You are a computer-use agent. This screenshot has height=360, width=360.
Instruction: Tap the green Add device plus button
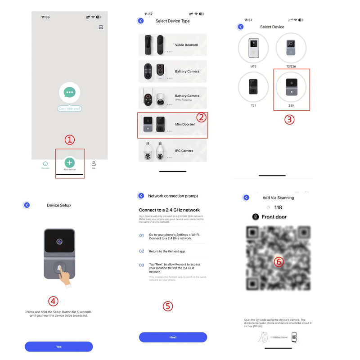[69, 162]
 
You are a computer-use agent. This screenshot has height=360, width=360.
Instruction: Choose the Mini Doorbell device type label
[185, 124]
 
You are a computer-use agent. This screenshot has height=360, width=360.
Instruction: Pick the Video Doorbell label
[186, 45]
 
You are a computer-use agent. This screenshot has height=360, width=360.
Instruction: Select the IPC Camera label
[184, 151]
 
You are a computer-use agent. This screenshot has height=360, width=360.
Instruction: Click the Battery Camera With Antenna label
[187, 97]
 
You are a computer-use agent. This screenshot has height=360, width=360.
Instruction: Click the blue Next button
[173, 337]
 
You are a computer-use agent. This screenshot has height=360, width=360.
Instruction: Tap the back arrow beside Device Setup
[27, 205]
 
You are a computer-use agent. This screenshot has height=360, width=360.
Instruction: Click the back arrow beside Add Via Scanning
[246, 198]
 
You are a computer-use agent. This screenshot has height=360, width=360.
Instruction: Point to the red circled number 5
[167, 306]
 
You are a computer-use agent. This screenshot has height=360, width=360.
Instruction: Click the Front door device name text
[274, 217]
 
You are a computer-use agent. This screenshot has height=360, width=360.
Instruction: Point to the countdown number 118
[278, 207]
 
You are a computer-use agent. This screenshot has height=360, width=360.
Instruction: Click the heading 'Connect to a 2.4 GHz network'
[169, 210]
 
